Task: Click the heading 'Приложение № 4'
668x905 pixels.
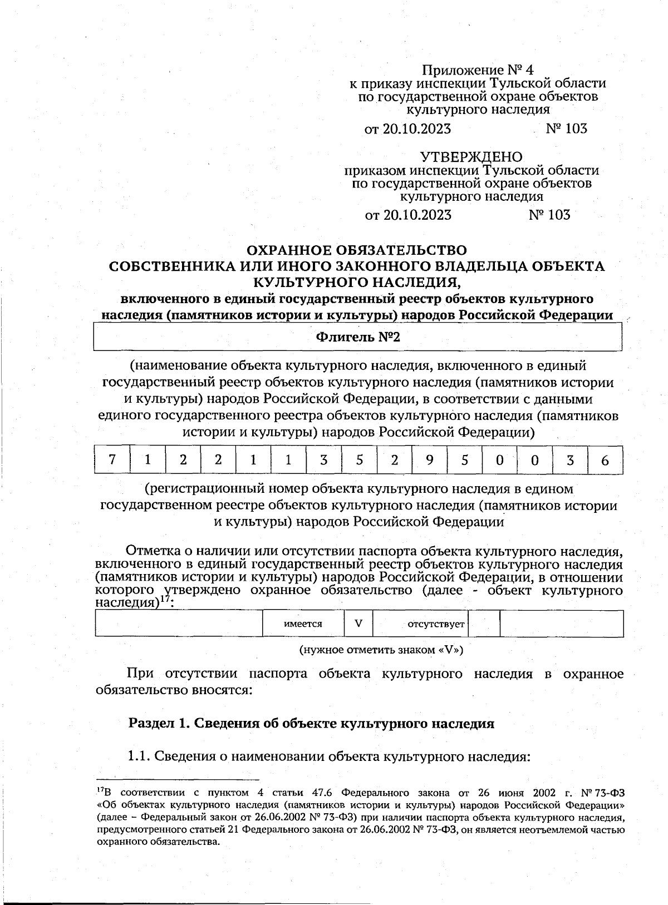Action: (478, 71)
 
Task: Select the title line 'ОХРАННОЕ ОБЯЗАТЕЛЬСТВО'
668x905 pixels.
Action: (357, 250)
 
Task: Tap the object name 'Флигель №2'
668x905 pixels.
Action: (358, 337)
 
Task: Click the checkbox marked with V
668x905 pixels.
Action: (358, 624)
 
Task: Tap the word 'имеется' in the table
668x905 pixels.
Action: (303, 624)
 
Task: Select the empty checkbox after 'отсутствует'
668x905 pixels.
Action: (485, 624)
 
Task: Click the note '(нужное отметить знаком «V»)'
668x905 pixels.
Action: (381, 649)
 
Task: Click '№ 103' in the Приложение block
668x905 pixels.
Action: (566, 128)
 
